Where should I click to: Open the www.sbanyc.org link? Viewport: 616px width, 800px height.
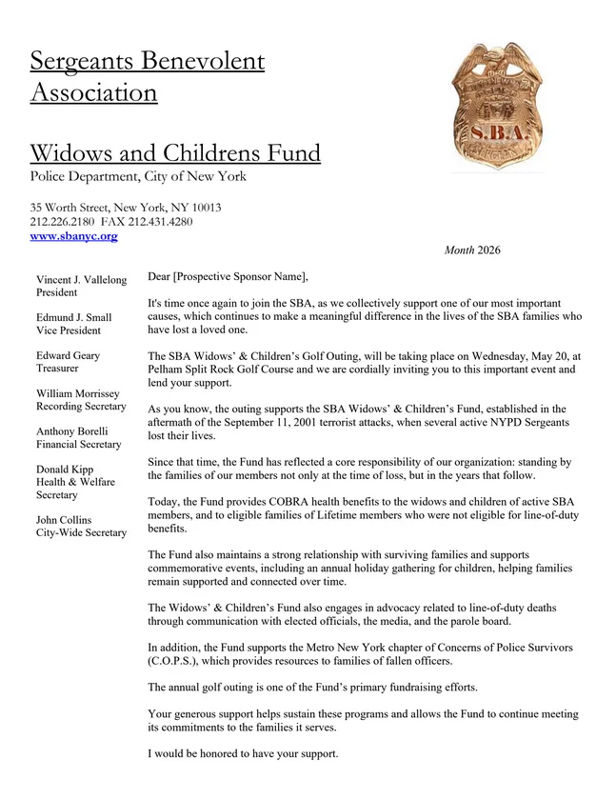coord(73,235)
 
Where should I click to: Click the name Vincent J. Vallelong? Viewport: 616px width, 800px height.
coord(81,280)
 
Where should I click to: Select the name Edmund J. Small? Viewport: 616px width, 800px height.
coord(73,317)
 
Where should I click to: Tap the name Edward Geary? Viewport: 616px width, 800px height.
coord(68,355)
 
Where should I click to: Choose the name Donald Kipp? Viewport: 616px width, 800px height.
coord(66,470)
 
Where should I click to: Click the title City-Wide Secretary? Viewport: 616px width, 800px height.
coord(81,532)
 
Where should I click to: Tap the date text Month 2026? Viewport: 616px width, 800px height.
coord(471,250)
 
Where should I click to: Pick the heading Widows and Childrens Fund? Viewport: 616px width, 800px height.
coord(175,152)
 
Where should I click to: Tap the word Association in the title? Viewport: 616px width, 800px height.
coord(93,93)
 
